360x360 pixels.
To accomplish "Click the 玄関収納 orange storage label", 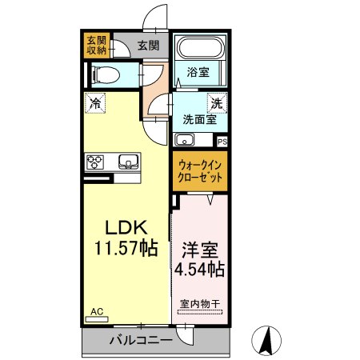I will click(x=98, y=46).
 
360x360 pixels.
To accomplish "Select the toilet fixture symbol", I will click(x=105, y=76).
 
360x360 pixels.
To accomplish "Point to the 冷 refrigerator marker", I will click(x=95, y=102).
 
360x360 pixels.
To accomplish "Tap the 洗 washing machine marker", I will click(x=216, y=103).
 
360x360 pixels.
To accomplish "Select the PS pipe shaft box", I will click(x=222, y=141).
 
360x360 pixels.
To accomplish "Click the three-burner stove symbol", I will click(x=95, y=162).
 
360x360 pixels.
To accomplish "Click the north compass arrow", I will click(x=266, y=342).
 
